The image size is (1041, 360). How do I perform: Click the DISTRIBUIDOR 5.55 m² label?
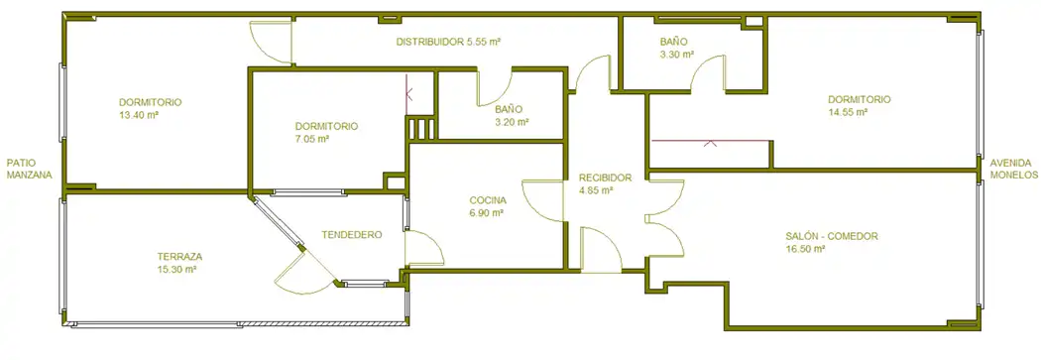tap(448, 42)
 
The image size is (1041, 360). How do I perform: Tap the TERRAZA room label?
tap(179, 257)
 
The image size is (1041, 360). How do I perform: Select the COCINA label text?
tap(488, 200)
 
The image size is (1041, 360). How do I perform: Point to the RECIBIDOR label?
tap(605, 178)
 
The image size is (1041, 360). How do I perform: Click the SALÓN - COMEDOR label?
tap(832, 236)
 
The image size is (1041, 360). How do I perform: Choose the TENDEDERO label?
tap(352, 235)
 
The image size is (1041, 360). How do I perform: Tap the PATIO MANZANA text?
tap(29, 169)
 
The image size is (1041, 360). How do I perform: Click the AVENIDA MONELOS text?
tap(1013, 169)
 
